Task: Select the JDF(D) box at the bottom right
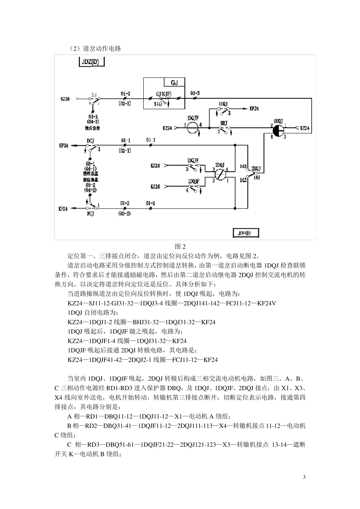(x=247, y=233)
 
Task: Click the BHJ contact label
(x=224, y=123)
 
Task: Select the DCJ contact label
(x=91, y=141)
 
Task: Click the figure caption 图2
(x=180, y=246)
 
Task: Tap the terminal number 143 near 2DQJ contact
(x=243, y=166)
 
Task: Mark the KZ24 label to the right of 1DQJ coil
(x=305, y=128)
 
